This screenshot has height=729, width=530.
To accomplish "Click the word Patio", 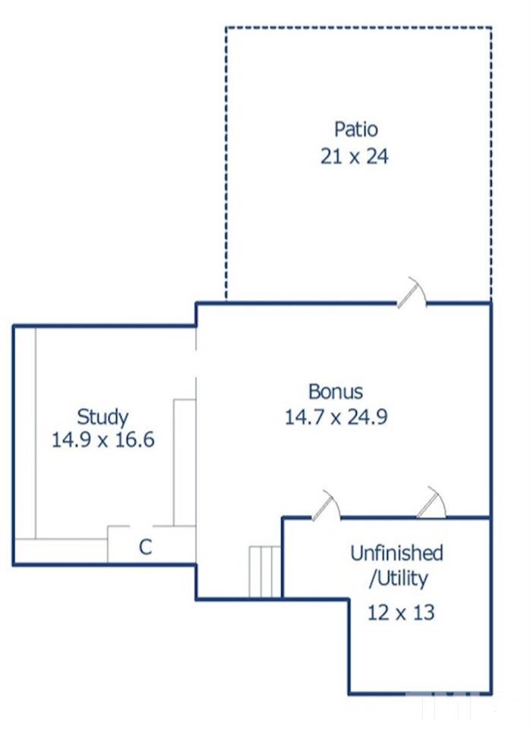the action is click(x=355, y=129).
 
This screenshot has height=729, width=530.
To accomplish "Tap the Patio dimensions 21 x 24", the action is click(x=355, y=156).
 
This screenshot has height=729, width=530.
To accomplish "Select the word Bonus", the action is click(x=335, y=392).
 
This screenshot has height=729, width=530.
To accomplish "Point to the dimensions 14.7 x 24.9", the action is click(x=336, y=417).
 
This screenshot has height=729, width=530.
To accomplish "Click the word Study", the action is click(x=103, y=417).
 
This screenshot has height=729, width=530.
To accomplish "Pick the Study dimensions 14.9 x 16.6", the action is click(x=103, y=440).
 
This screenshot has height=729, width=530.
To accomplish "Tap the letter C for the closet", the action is click(x=146, y=547).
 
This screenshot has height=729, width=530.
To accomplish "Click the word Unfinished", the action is click(x=396, y=553).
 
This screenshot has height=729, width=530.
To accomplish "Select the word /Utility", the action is click(x=399, y=579).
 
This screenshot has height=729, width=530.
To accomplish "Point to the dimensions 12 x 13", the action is click(x=401, y=612).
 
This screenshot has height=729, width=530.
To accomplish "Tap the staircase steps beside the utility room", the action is click(x=265, y=572).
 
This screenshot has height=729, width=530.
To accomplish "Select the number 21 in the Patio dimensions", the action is click(x=331, y=156).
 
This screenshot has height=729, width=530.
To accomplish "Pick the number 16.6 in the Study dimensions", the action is click(x=135, y=440).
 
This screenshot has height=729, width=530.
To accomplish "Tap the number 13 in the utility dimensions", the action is click(x=424, y=612).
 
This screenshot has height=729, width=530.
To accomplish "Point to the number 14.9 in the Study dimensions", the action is click(x=71, y=440).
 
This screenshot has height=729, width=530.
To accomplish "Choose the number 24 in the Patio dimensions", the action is click(x=377, y=156).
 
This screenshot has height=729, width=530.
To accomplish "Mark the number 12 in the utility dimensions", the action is click(x=378, y=612).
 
